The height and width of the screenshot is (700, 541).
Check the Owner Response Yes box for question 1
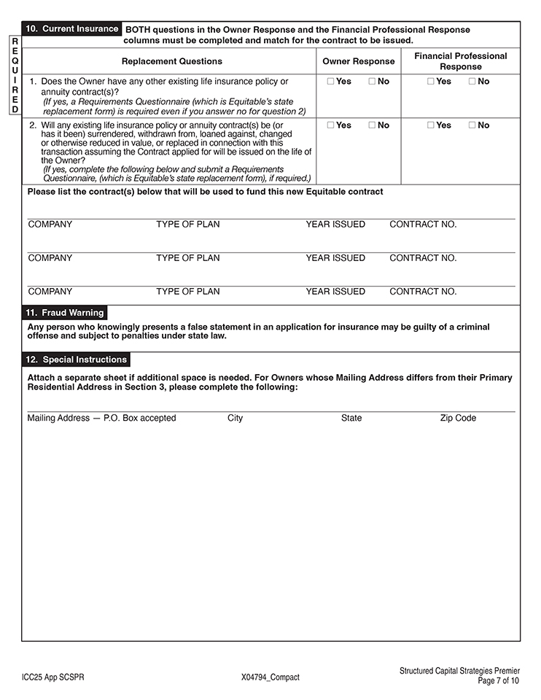pyautogui.click(x=331, y=82)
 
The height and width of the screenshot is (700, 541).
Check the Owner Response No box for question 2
pyautogui.click(x=372, y=125)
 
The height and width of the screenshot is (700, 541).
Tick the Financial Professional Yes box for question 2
pyautogui.click(x=431, y=125)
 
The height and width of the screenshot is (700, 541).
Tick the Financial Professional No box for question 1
pyautogui.click(x=472, y=82)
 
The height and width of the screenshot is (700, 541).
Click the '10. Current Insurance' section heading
pyautogui.click(x=72, y=29)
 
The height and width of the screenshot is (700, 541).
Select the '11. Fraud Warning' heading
pyautogui.click(x=65, y=313)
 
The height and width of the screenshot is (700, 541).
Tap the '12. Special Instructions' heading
pyautogui.click(x=77, y=359)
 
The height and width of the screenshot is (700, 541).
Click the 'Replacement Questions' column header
pyautogui.click(x=172, y=61)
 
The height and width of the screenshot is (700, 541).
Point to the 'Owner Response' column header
pyautogui.click(x=359, y=61)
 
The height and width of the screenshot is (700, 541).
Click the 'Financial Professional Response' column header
pyautogui.click(x=461, y=61)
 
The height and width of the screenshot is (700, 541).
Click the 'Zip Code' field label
pyautogui.click(x=458, y=419)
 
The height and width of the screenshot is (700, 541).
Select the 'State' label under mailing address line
pyautogui.click(x=351, y=419)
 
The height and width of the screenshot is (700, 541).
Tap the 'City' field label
pyautogui.click(x=236, y=419)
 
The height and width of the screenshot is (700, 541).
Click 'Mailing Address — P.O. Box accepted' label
pyautogui.click(x=101, y=419)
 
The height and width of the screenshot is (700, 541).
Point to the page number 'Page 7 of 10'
pyautogui.click(x=499, y=681)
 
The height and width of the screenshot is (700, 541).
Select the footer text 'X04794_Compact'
pyautogui.click(x=270, y=677)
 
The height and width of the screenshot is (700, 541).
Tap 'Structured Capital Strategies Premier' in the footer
pyautogui.click(x=460, y=671)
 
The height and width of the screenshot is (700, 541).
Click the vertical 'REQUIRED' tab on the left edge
pyautogui.click(x=15, y=76)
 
